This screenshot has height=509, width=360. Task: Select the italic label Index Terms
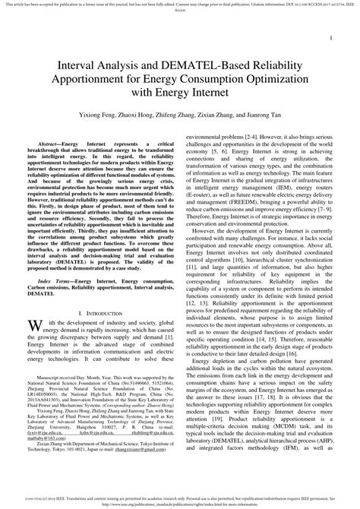[x=57, y=282]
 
